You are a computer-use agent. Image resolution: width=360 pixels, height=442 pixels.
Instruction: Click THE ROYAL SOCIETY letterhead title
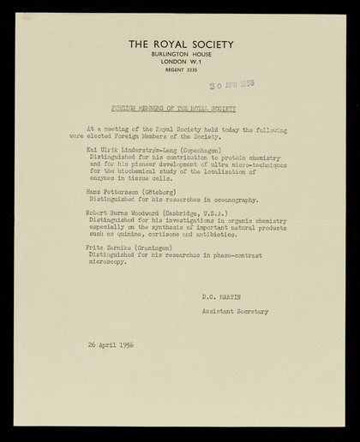coord(180,44)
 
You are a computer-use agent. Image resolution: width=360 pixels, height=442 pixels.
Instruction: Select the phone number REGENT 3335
coord(180,70)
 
